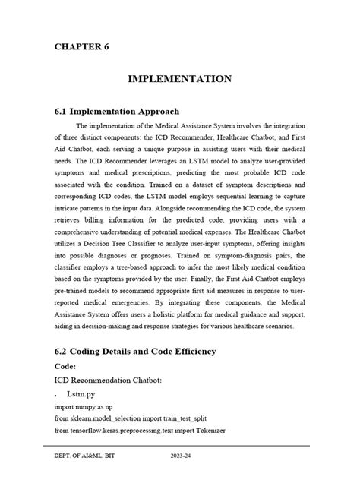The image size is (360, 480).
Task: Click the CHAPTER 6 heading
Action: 81,47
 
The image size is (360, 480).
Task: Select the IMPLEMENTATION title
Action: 179,78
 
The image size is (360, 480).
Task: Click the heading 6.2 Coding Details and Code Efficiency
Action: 136,351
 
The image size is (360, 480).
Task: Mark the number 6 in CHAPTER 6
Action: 106,47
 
